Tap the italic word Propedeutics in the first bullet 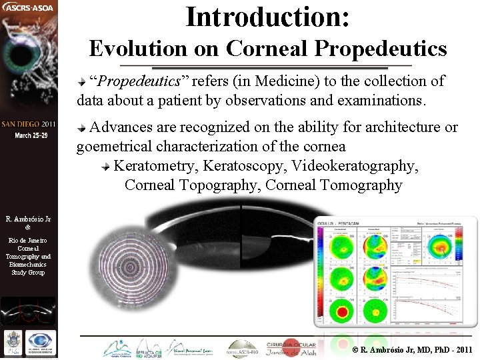[139, 81]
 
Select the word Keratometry [156, 165]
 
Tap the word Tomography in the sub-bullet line [361, 185]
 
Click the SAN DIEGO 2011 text [29, 125]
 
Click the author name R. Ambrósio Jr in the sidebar [27, 219]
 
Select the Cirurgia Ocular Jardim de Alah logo [292, 348]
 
